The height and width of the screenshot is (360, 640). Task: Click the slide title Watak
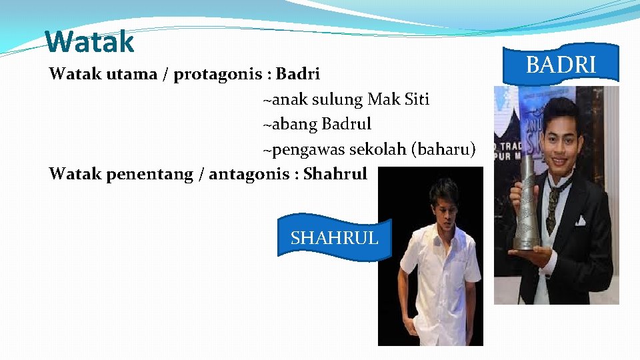click(x=90, y=42)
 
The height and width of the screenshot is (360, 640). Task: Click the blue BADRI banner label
click(x=561, y=65)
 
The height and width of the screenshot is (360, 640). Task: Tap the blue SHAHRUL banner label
click(x=334, y=237)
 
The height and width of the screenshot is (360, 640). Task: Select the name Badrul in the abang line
click(x=346, y=124)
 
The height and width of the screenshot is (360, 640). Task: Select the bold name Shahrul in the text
click(x=335, y=174)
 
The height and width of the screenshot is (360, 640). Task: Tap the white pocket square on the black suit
click(x=581, y=220)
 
